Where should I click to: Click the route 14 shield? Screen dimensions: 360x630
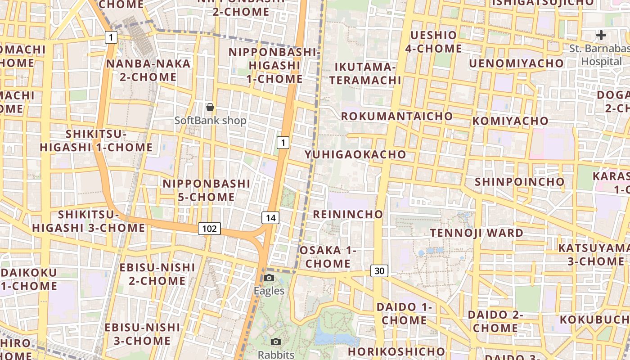(270, 218)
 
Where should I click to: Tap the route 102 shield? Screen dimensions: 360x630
(209, 229)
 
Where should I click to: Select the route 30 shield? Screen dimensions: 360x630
(379, 271)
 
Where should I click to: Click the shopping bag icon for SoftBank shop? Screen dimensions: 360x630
(210, 107)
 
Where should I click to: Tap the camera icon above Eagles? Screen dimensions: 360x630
(269, 278)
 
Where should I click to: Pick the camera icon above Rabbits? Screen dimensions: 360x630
(276, 342)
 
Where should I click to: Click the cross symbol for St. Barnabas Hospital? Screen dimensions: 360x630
(601, 35)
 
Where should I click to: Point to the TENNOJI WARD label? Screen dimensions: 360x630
(477, 233)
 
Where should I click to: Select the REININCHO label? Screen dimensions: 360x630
(348, 214)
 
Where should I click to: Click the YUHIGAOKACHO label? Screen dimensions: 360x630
(355, 154)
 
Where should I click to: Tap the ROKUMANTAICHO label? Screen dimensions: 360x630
(397, 116)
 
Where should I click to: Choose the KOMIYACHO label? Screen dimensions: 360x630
(510, 121)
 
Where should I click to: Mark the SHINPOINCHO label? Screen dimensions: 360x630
(520, 182)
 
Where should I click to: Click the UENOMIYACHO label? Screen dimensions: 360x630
(516, 63)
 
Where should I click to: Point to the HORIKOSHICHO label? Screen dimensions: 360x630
(396, 351)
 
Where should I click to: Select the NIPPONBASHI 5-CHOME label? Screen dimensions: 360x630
(206, 190)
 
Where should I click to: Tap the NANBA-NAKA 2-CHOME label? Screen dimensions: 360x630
(148, 70)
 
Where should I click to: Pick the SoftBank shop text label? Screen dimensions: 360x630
(210, 121)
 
